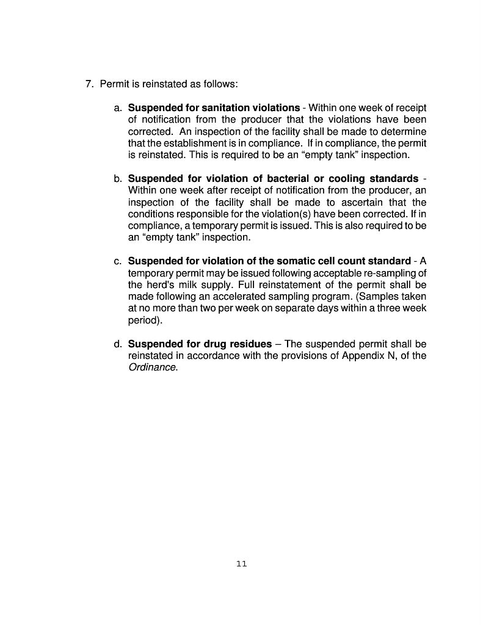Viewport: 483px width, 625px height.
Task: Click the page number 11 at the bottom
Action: point(241,563)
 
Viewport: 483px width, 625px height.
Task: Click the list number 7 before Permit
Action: point(89,84)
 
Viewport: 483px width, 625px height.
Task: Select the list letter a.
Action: point(117,108)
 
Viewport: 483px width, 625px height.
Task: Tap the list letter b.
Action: point(117,179)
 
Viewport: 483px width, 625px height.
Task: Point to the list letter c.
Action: point(117,262)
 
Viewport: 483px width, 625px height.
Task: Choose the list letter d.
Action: point(117,344)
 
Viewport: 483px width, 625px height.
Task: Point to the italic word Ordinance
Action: point(152,367)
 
